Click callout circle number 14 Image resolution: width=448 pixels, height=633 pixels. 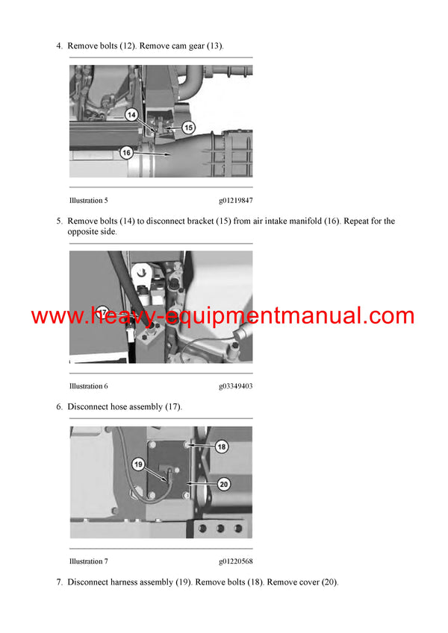(x=131, y=116)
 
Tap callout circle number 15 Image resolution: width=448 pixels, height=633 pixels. (x=188, y=127)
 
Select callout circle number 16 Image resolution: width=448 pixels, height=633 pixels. (x=127, y=152)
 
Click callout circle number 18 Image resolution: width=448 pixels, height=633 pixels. (x=222, y=447)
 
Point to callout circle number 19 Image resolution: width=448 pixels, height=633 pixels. (x=138, y=464)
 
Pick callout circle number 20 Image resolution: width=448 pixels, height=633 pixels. (x=223, y=484)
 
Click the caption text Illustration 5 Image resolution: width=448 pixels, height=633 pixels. (x=89, y=201)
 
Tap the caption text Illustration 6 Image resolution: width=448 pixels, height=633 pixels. (x=89, y=386)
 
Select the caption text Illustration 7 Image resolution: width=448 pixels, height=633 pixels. (x=89, y=561)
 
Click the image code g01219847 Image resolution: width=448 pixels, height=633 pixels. (x=236, y=201)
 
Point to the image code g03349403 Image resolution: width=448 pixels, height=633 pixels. (x=236, y=386)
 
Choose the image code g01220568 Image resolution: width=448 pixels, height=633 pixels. (x=236, y=561)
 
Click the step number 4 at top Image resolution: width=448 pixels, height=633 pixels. (x=59, y=46)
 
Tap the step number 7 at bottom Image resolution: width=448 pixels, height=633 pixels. (x=59, y=582)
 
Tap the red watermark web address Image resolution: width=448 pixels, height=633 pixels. (x=223, y=315)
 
